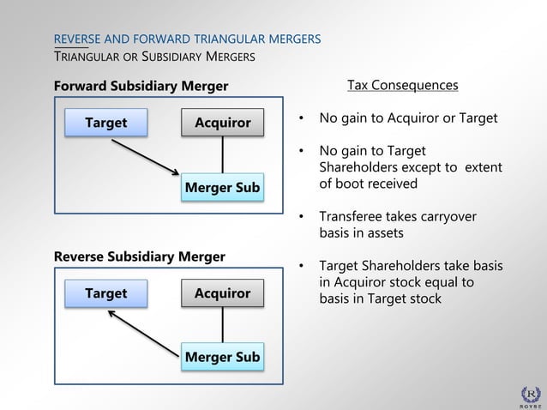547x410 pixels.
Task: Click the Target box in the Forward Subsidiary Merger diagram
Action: tap(105, 123)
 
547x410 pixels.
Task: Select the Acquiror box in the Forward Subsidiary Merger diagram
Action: tap(223, 123)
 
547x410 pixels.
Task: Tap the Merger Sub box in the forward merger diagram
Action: tap(223, 187)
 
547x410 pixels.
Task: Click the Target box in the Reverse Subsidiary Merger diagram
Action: tap(105, 293)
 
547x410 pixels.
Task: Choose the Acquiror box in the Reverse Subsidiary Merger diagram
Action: tap(223, 293)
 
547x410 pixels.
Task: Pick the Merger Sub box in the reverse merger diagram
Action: tap(223, 357)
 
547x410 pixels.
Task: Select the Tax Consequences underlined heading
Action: tap(402, 86)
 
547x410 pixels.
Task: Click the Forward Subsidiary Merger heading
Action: tap(141, 86)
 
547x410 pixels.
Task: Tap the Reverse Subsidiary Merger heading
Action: tap(140, 256)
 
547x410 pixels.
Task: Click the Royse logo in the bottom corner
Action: tap(532, 394)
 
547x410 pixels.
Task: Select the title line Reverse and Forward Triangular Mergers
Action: tap(187, 39)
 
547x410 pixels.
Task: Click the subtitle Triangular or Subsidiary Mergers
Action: tap(153, 57)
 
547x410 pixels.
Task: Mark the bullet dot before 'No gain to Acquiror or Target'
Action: tap(302, 118)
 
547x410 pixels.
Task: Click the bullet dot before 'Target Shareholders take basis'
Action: tap(302, 266)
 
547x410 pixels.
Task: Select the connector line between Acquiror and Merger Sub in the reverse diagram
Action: tap(223, 325)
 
